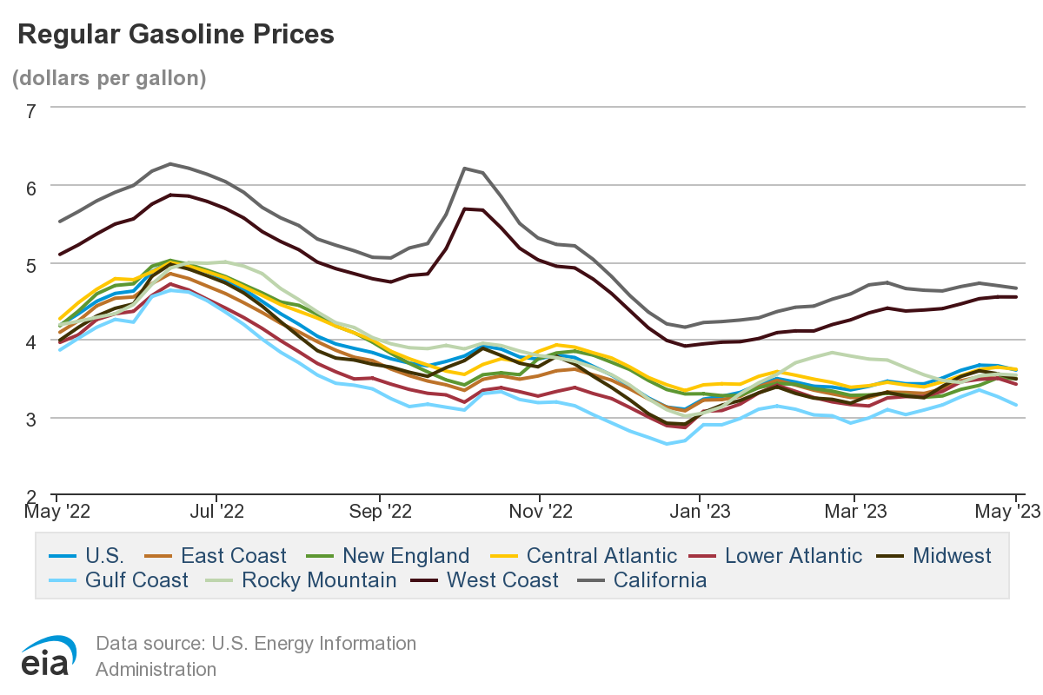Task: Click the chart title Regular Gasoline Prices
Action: click(176, 34)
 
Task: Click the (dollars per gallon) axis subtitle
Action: click(109, 77)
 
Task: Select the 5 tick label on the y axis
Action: click(31, 264)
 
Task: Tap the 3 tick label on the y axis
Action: click(31, 419)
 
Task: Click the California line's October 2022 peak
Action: click(465, 168)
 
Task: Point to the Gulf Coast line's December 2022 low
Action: click(668, 444)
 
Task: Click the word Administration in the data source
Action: click(156, 669)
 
